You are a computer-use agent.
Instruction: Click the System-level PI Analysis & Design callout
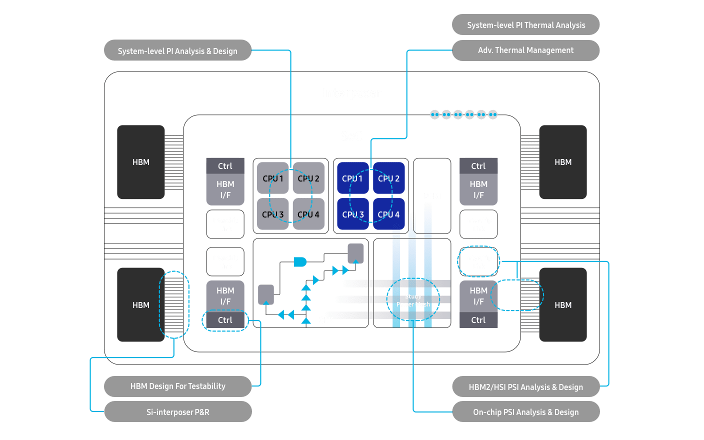177,50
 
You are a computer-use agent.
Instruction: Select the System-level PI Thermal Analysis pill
525,25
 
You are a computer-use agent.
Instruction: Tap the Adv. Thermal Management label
525,50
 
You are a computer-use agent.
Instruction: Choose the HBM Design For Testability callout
177,386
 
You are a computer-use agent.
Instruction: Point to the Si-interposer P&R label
177,412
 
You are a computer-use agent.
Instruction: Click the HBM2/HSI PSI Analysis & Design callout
525,387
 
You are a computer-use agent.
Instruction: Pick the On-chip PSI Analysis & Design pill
525,412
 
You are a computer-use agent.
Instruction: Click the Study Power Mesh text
413,300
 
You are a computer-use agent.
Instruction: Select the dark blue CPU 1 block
352,178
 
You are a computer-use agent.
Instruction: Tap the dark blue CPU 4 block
388,214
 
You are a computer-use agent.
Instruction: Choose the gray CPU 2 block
308,178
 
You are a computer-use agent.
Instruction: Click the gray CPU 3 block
272,214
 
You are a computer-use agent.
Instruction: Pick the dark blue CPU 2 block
388,178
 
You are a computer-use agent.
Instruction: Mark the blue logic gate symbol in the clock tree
299,261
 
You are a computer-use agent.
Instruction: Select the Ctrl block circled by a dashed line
225,320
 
